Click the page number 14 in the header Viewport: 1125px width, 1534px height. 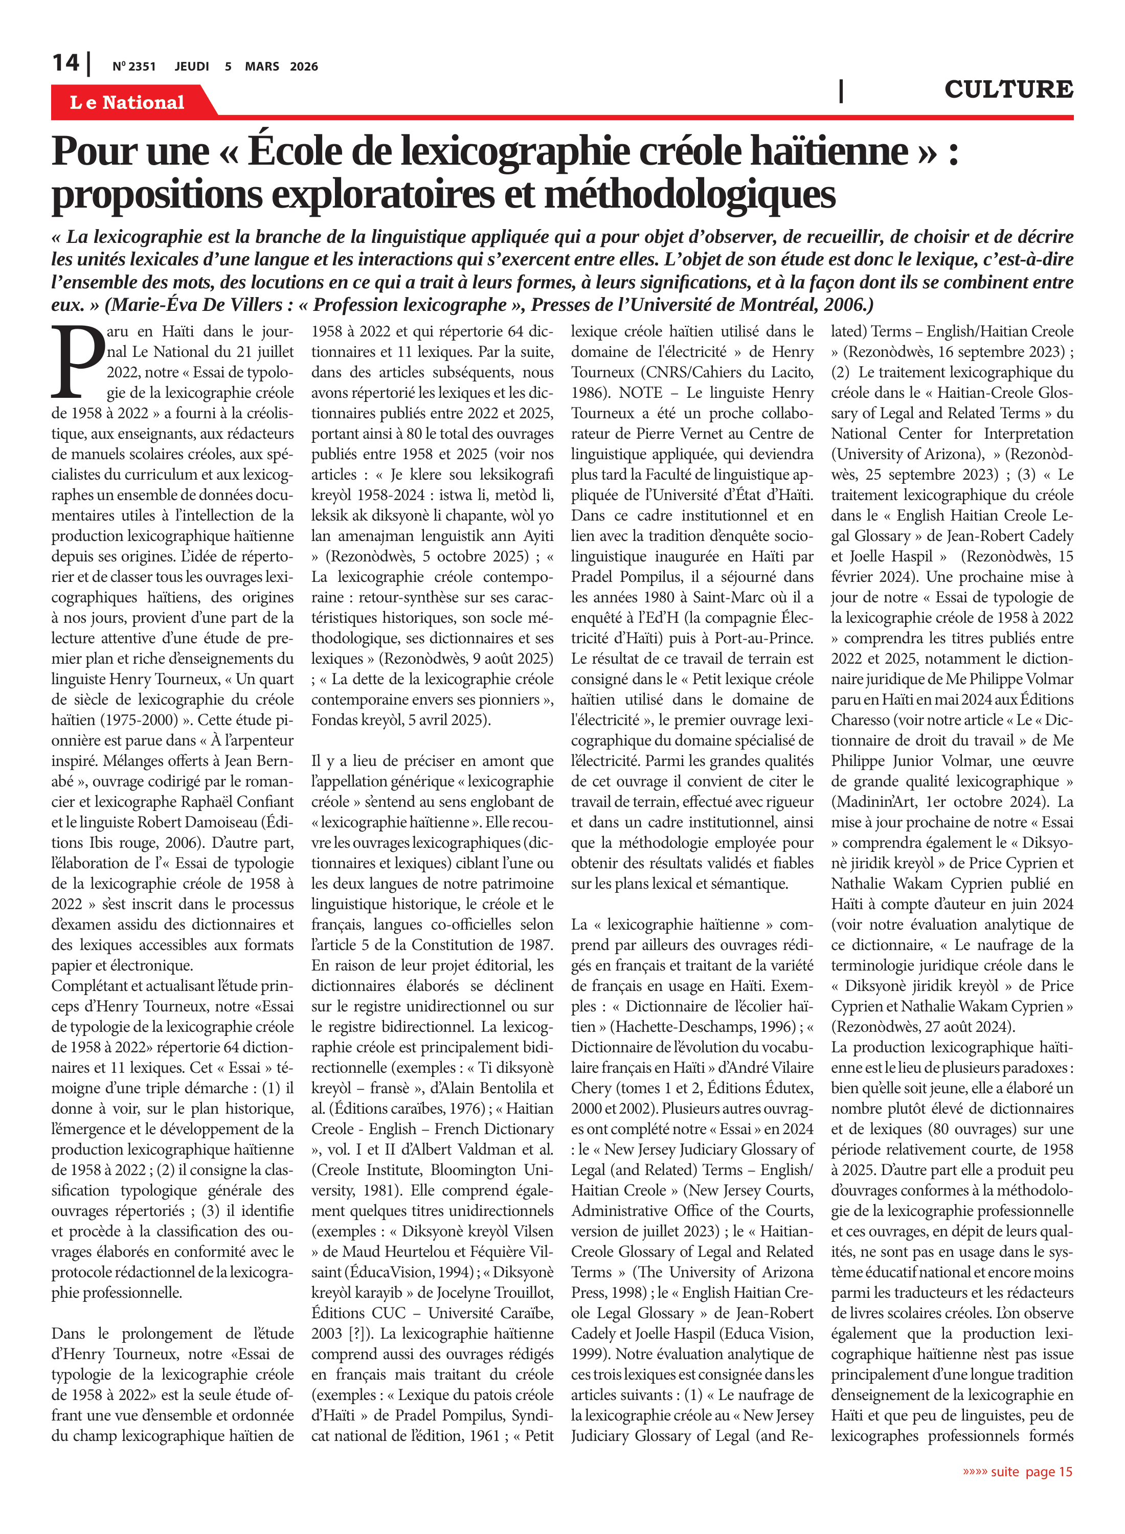click(66, 63)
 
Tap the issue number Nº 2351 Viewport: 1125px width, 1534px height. click(134, 66)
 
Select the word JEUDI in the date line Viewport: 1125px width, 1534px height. click(191, 66)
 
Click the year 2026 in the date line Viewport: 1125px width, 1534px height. click(304, 66)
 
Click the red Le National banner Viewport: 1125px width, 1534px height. click(127, 102)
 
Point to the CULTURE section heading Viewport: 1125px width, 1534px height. click(1008, 89)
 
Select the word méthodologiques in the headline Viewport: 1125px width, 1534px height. click(689, 195)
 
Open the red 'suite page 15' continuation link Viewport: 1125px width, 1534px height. click(1018, 1472)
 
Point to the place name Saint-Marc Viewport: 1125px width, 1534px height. click(728, 597)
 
